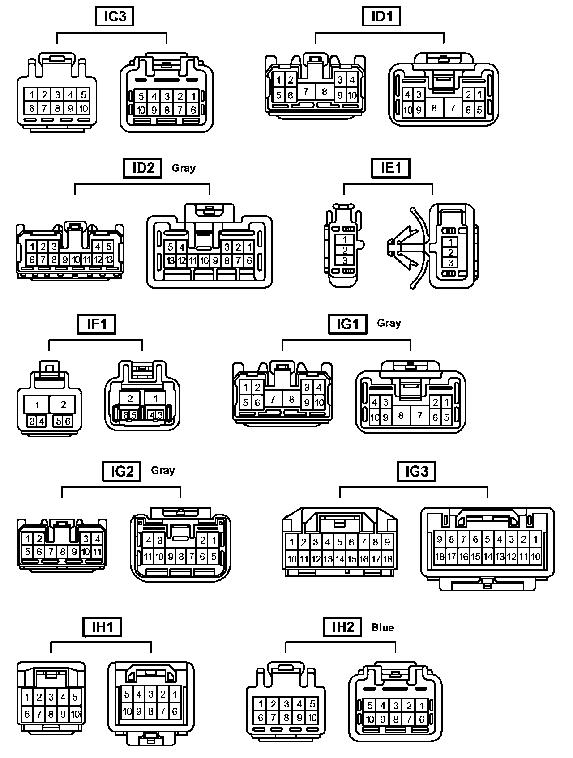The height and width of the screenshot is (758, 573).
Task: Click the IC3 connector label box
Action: pyautogui.click(x=115, y=17)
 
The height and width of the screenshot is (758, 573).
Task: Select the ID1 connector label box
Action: pyautogui.click(x=381, y=17)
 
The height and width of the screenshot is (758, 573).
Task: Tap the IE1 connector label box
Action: pyautogui.click(x=391, y=168)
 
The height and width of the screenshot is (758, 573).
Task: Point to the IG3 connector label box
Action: pyautogui.click(x=416, y=471)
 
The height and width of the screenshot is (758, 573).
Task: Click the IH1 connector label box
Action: pyautogui.click(x=103, y=627)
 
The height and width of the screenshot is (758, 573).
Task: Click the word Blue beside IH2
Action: pyautogui.click(x=383, y=628)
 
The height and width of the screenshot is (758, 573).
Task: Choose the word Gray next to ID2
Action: pyautogui.click(x=184, y=168)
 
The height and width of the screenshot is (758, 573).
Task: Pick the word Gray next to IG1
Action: pyautogui.click(x=389, y=323)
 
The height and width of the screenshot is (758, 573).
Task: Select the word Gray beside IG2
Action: pyautogui.click(x=163, y=470)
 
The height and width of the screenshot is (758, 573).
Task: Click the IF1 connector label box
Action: pyautogui.click(x=97, y=324)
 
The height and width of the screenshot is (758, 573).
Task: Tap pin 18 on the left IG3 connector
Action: pyautogui.click(x=388, y=559)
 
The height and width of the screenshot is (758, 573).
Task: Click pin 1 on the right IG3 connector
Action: pyautogui.click(x=535, y=539)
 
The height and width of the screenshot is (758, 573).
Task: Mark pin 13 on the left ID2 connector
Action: pyautogui.click(x=109, y=260)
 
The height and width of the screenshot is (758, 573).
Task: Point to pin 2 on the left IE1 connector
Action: pyautogui.click(x=345, y=250)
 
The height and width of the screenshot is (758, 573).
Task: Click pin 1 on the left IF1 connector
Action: pyautogui.click(x=37, y=405)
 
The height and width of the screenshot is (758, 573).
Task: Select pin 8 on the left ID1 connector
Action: pyautogui.click(x=325, y=92)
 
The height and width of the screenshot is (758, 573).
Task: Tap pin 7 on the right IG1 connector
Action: pyautogui.click(x=419, y=416)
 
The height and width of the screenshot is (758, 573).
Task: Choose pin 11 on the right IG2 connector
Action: pyautogui.click(x=148, y=557)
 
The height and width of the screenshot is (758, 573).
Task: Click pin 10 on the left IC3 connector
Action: pyautogui.click(x=84, y=108)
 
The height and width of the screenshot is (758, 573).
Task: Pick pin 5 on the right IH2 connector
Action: pyautogui.click(x=370, y=706)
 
